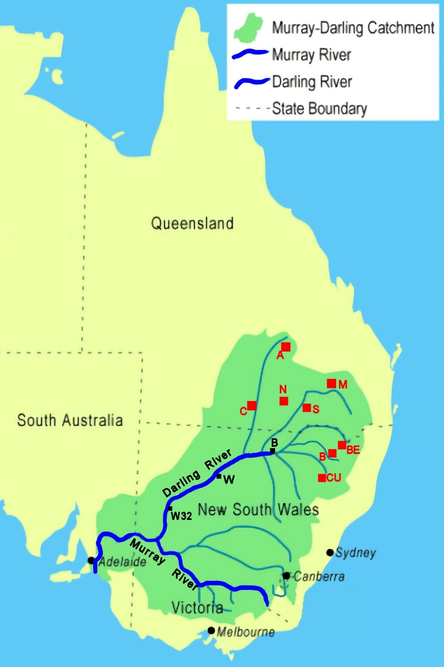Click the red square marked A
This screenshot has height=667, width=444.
pyautogui.click(x=286, y=347)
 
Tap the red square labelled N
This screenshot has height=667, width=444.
pyautogui.click(x=284, y=401)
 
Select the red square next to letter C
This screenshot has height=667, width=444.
pyautogui.click(x=252, y=405)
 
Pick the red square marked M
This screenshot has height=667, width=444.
pyautogui.click(x=331, y=383)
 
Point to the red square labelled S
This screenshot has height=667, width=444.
pyautogui.click(x=307, y=408)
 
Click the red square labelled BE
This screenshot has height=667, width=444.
pyautogui.click(x=342, y=445)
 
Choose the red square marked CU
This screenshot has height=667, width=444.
pyautogui.click(x=322, y=478)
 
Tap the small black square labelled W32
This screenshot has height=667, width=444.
pyautogui.click(x=170, y=508)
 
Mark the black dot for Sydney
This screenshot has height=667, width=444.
pyautogui.click(x=330, y=552)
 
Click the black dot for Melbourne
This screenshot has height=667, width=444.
pyautogui.click(x=212, y=631)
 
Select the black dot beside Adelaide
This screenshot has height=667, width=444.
pyautogui.click(x=91, y=560)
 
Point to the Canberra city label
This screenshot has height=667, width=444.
pyautogui.click(x=319, y=577)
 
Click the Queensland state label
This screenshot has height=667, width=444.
pyautogui.click(x=192, y=223)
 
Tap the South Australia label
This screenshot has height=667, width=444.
pyautogui.click(x=70, y=420)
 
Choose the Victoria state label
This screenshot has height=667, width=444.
pyautogui.click(x=197, y=607)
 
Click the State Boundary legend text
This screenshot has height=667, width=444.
pyautogui.click(x=320, y=108)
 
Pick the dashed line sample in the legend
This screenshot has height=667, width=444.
pyautogui.click(x=252, y=108)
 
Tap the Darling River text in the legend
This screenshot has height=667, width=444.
pyautogui.click(x=312, y=82)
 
